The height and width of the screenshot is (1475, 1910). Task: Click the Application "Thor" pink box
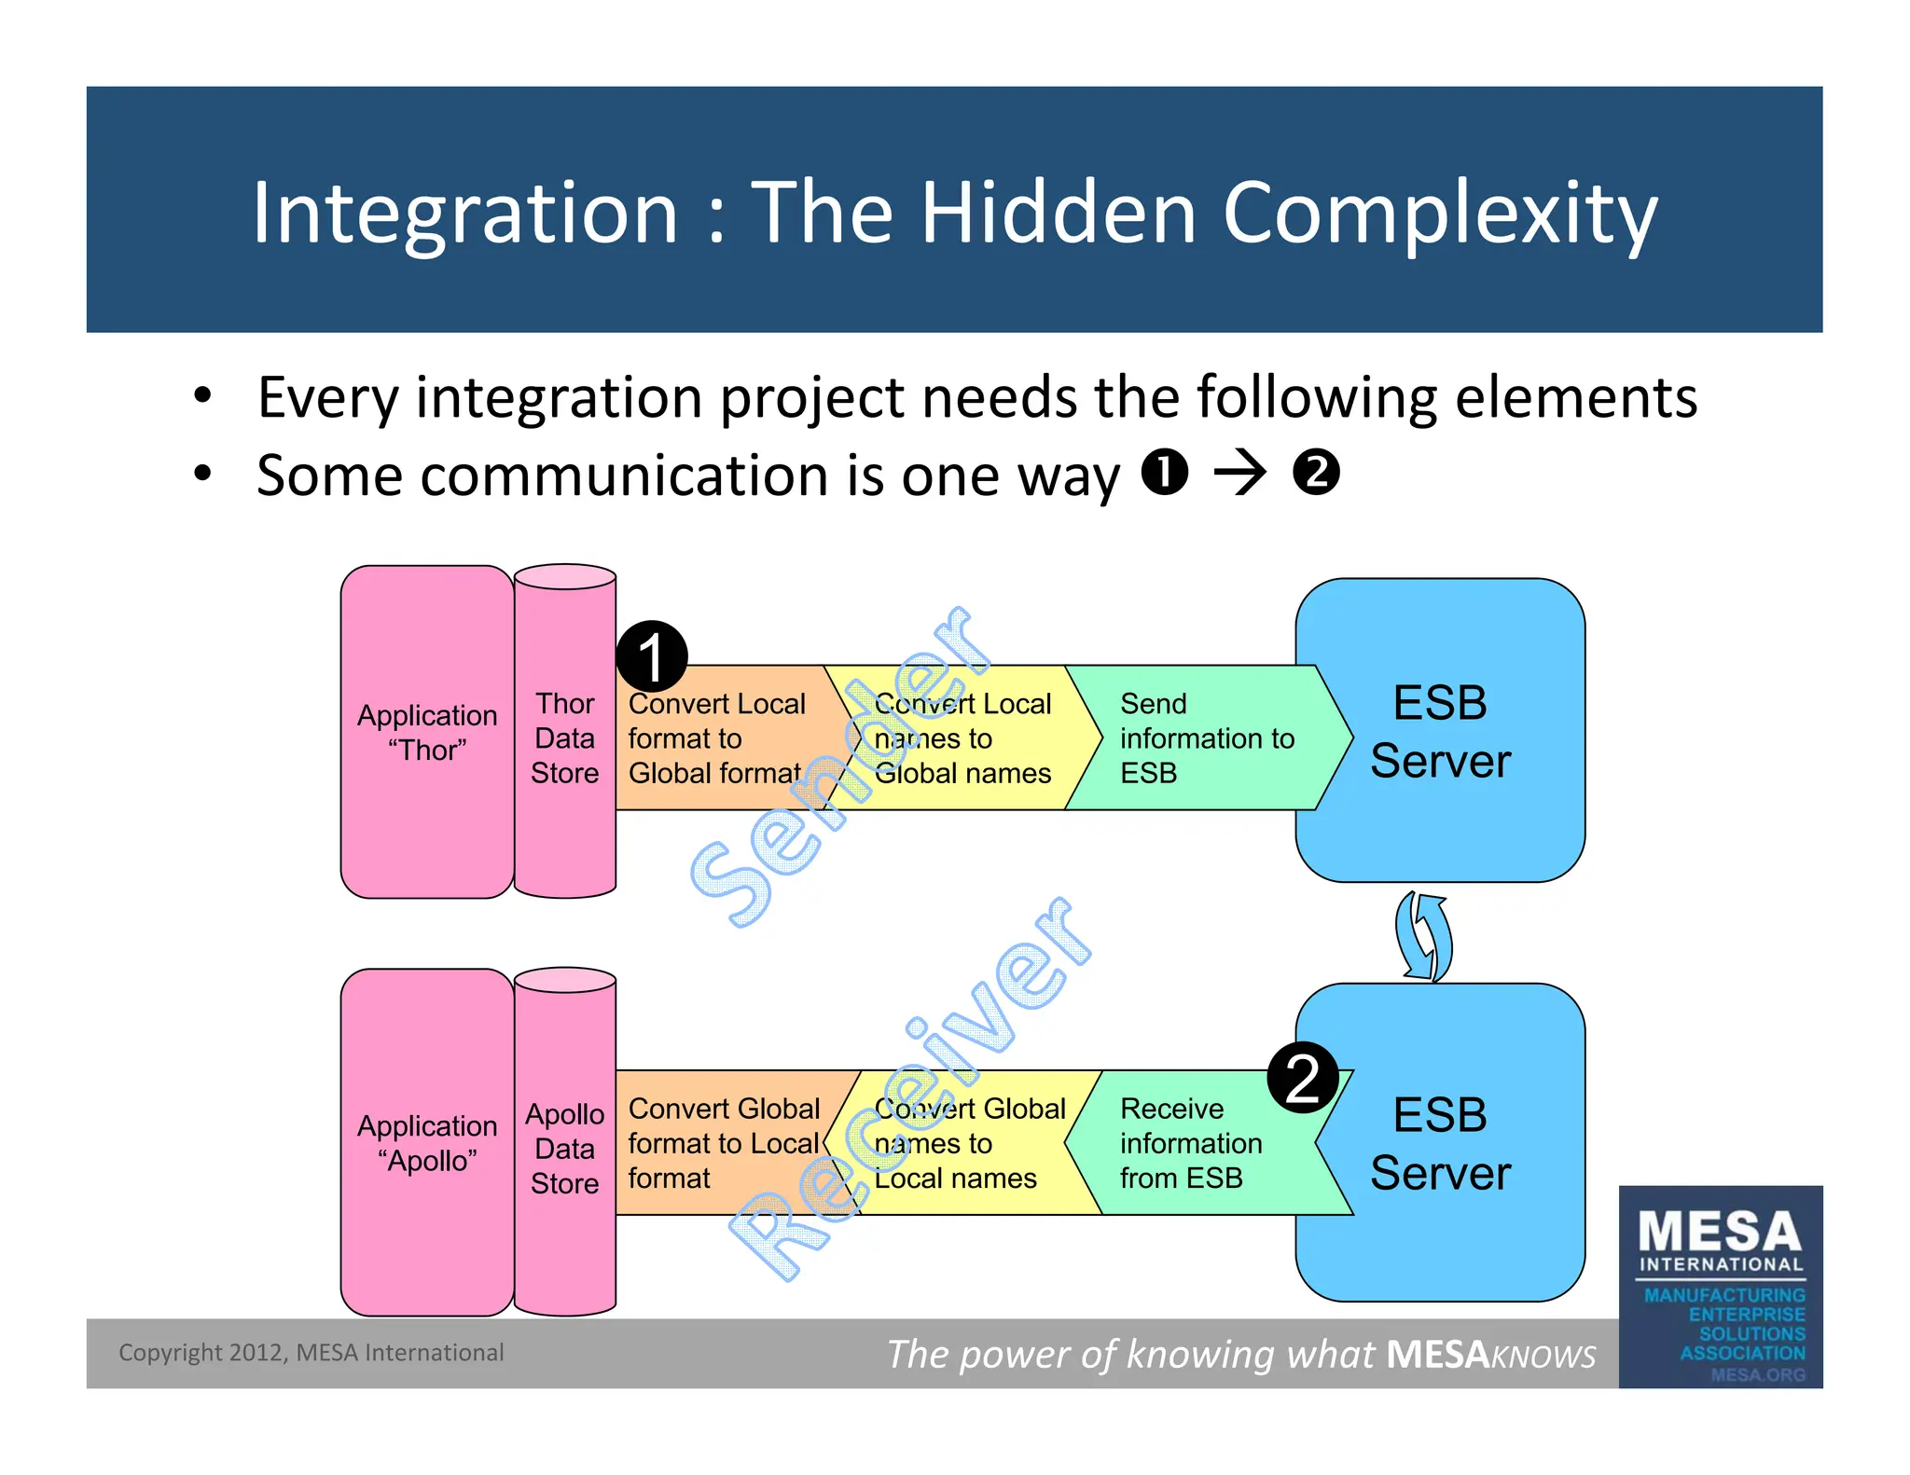point(426,732)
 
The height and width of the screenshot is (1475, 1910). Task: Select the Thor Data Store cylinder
point(564,737)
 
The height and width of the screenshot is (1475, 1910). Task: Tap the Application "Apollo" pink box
point(426,1142)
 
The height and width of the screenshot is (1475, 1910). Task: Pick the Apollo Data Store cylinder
point(564,1147)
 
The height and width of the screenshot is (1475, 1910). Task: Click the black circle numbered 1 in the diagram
point(652,656)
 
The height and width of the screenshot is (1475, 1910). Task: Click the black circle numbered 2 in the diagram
point(1303,1078)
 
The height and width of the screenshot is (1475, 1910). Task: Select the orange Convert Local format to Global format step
point(716,737)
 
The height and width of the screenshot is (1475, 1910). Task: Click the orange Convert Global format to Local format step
point(723,1143)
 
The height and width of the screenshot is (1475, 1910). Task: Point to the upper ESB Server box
point(1439,730)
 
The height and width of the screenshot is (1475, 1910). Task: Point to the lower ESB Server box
point(1439,1143)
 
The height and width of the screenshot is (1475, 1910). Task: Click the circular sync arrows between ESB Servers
point(1424,935)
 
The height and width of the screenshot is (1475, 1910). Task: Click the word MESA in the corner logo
point(1719,1232)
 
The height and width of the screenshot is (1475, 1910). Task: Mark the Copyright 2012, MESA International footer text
point(311,1352)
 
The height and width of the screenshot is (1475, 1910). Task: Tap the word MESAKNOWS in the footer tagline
point(1490,1354)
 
